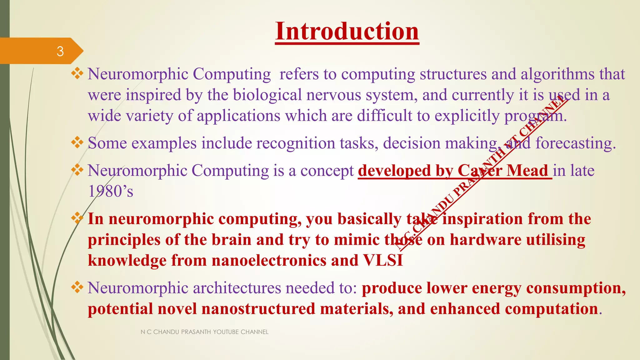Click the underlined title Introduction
point(347,32)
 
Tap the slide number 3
point(60,51)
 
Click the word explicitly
point(467,116)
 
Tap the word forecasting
point(575,143)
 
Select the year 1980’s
point(111,191)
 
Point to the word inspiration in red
point(482,219)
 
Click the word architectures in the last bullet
point(237,288)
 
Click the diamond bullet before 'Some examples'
point(77,143)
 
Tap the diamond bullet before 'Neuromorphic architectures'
point(77,287)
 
